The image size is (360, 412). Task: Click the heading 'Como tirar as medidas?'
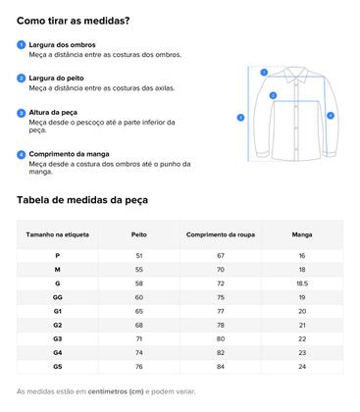coord(74,20)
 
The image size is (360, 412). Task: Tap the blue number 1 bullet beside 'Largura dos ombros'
coord(22,45)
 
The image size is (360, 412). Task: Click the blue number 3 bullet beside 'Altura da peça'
coord(22,114)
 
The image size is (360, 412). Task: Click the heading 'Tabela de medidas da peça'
coord(82,200)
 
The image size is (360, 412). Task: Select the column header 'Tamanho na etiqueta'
coord(58,235)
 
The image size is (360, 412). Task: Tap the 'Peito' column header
coord(138,235)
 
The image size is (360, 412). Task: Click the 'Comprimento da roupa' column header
coord(221,235)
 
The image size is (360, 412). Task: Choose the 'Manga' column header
coord(302,235)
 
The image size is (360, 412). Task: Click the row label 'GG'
coord(58,296)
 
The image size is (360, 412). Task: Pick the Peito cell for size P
coord(138,255)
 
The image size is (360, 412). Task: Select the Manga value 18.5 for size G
coord(302,283)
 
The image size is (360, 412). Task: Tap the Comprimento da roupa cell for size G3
coord(221,337)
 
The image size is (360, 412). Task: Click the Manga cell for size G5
coord(302,365)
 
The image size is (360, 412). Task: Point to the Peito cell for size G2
coord(138,324)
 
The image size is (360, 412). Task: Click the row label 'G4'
coord(58,351)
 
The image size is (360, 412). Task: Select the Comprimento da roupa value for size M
coord(221,269)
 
